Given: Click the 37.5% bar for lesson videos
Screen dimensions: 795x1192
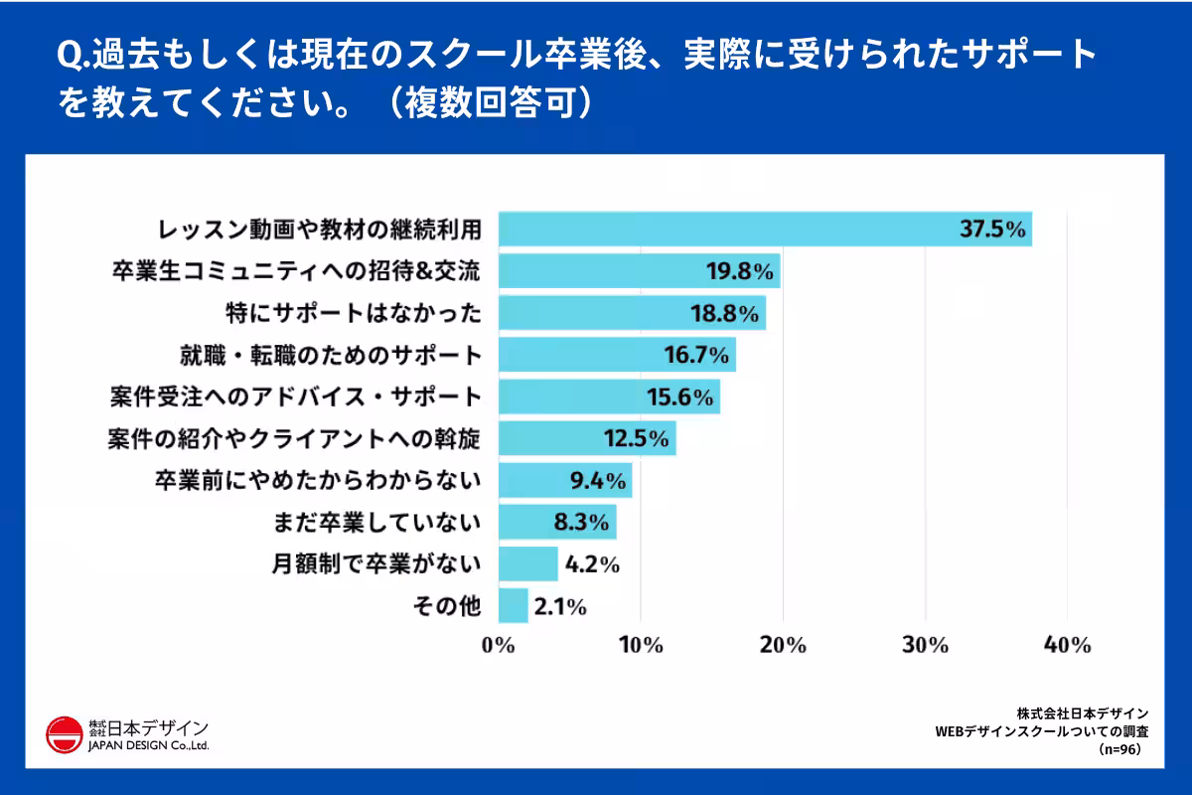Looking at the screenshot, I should coord(765,229).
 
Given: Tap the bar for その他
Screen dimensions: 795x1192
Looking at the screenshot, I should coord(513,605).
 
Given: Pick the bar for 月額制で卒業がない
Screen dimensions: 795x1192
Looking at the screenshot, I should coord(527,563).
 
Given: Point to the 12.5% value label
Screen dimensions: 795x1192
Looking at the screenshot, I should coord(636,438).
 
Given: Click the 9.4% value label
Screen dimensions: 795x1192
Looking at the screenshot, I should coord(597,481).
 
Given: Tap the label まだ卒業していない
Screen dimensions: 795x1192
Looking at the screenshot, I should coord(376,522).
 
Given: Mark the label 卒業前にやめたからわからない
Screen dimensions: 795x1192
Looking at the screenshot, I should coord(317,480).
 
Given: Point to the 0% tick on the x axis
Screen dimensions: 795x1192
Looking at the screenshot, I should coord(498,645).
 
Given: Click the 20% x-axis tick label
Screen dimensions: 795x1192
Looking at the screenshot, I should coord(782,645).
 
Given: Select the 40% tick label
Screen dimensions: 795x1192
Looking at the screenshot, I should coord(1067,645).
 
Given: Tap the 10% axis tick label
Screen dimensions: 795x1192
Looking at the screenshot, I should coord(641,645).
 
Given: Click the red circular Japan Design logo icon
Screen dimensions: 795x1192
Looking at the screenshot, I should coord(64,734).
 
